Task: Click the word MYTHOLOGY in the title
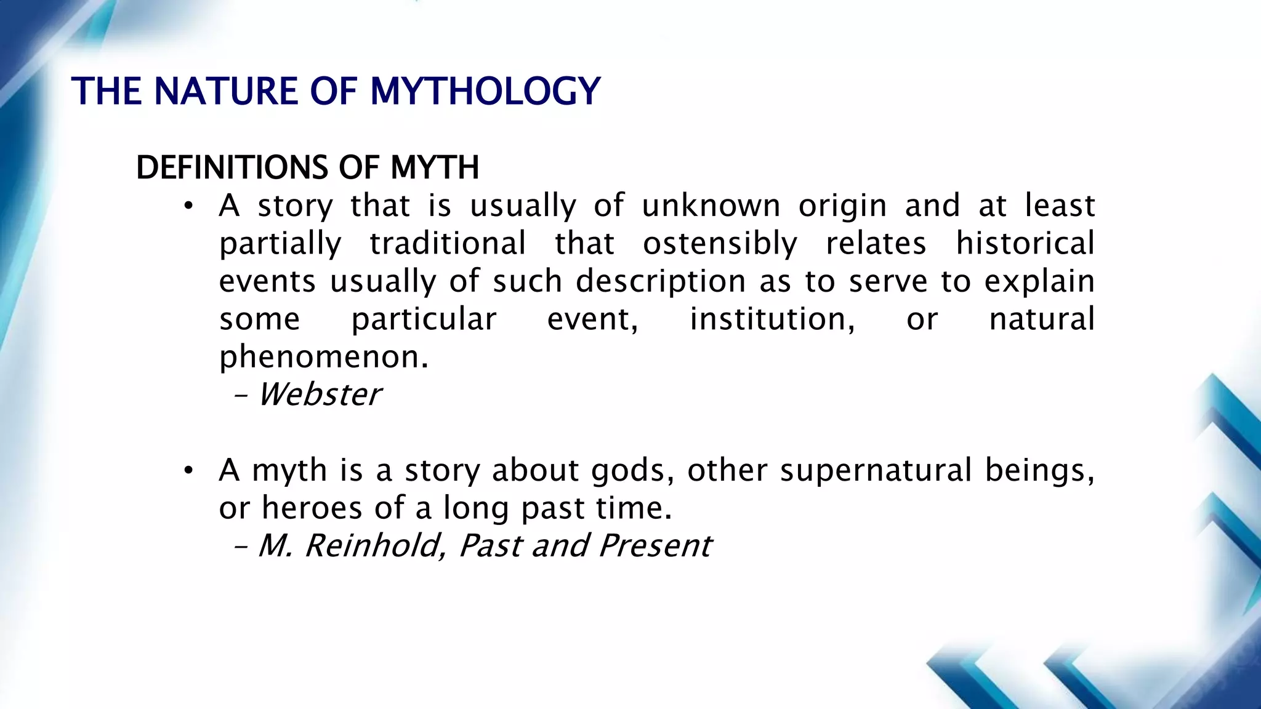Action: click(x=485, y=92)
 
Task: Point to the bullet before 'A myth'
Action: click(x=188, y=471)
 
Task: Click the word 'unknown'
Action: click(x=711, y=206)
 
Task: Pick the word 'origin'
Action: click(x=842, y=207)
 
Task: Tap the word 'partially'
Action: click(x=280, y=244)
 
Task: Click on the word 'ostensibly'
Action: click(x=720, y=244)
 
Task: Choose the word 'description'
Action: click(x=661, y=282)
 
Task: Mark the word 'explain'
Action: click(x=1039, y=282)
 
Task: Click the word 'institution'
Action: click(x=772, y=319)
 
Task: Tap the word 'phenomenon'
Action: click(x=323, y=358)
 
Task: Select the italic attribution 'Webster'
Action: click(x=320, y=395)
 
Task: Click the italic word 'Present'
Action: click(x=655, y=546)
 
